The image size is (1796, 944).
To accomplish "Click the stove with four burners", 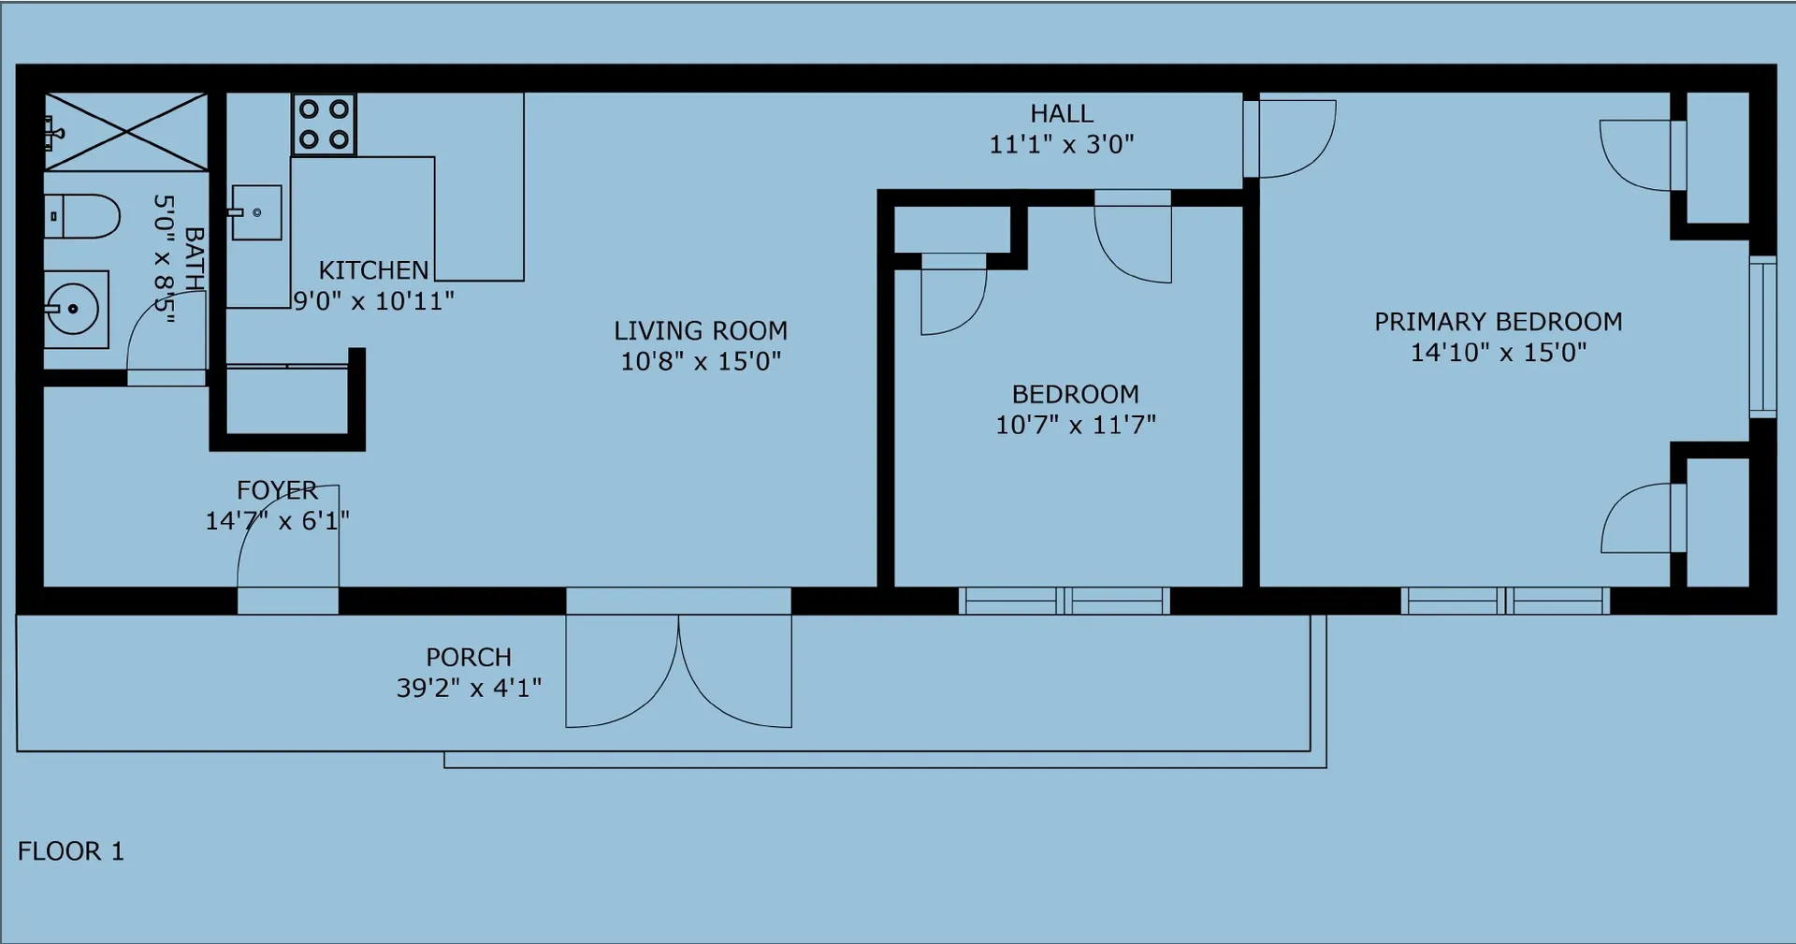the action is (324, 123).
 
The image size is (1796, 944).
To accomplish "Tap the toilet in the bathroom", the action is (82, 216).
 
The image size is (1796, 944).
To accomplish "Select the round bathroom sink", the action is (76, 308).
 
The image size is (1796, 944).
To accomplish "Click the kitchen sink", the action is (255, 212).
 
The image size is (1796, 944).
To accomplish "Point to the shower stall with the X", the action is (125, 132).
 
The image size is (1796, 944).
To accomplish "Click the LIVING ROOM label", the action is (701, 330).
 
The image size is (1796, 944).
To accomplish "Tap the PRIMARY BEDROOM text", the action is (1499, 322).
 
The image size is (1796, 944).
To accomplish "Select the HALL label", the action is (1062, 113).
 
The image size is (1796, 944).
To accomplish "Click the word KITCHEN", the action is (373, 270).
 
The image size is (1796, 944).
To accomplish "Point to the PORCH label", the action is (469, 657).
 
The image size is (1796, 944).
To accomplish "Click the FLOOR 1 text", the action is (71, 851).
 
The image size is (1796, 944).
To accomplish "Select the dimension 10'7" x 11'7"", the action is (1076, 425).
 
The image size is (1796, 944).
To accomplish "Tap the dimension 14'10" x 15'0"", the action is (1499, 353).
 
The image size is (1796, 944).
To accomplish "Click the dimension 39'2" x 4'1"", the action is (469, 688).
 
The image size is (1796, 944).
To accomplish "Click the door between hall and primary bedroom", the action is (1289, 138).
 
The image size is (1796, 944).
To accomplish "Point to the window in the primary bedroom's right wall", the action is (1762, 336).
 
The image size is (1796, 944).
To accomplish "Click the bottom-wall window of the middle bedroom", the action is (1065, 601).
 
